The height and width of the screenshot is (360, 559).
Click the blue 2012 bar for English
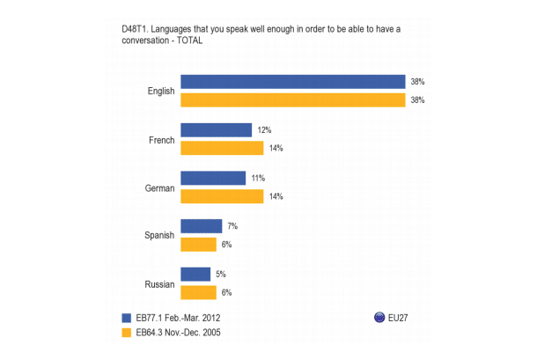pyautogui.click(x=292, y=81)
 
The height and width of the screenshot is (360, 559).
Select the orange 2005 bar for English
pyautogui.click(x=292, y=100)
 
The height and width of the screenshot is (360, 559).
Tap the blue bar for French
pyautogui.click(x=216, y=129)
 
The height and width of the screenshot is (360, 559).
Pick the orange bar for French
pyautogui.click(x=222, y=148)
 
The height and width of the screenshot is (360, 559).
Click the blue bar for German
pyautogui.click(x=213, y=178)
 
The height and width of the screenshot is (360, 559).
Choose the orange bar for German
pyautogui.click(x=222, y=196)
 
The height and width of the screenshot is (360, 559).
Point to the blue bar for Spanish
pyautogui.click(x=201, y=226)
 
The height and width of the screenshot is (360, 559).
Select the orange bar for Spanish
pyautogui.click(x=198, y=245)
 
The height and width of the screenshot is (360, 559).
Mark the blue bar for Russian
pyautogui.click(x=195, y=274)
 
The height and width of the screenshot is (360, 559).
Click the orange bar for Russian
pyautogui.click(x=198, y=292)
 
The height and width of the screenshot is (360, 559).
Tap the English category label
pyautogui.click(x=161, y=91)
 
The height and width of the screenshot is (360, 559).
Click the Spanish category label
pyautogui.click(x=160, y=236)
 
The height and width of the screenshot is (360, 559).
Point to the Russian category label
pyautogui.click(x=160, y=283)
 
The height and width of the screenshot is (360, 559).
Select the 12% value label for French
pyautogui.click(x=264, y=130)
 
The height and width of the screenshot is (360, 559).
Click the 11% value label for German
pyautogui.click(x=258, y=178)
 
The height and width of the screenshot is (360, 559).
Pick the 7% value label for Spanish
pyautogui.click(x=232, y=226)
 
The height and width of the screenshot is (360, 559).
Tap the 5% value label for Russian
pyautogui.click(x=221, y=274)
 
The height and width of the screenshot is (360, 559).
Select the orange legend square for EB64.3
pyautogui.click(x=125, y=333)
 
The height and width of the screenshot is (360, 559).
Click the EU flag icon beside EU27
pyautogui.click(x=380, y=318)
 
